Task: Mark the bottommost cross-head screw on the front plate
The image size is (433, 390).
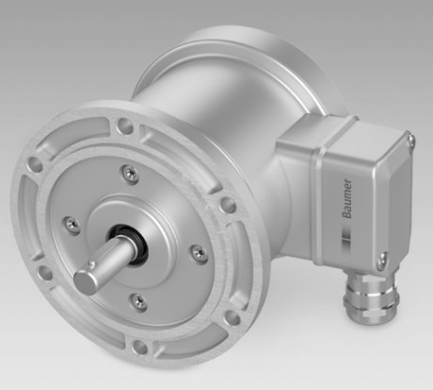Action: point(138,300)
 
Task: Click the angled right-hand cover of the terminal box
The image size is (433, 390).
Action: point(377,197)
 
